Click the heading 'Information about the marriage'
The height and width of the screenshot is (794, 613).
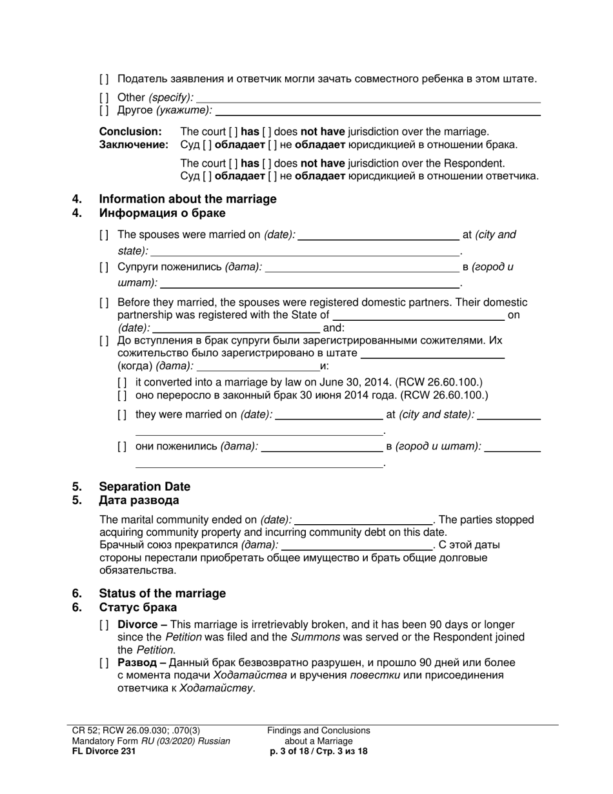tap(187, 199)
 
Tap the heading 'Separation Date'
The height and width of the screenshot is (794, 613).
tap(145, 486)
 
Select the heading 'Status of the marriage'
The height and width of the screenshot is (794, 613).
tap(162, 593)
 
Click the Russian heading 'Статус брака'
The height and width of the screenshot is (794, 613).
tap(137, 607)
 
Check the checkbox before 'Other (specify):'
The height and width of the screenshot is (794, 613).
tap(105, 97)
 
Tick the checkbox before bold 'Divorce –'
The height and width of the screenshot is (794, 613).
tap(105, 625)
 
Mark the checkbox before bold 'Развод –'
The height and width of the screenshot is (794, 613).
tap(105, 663)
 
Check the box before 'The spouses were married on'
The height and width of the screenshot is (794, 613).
tap(105, 235)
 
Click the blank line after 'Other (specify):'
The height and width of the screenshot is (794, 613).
tap(368, 98)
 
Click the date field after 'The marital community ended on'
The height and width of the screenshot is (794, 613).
tap(363, 520)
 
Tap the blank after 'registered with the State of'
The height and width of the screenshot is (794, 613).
tap(417, 316)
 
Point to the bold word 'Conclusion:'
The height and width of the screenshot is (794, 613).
tap(130, 132)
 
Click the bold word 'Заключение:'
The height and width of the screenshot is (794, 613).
tap(134, 145)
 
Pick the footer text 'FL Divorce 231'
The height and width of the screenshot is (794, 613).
tap(104, 751)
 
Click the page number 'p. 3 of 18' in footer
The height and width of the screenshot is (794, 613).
tap(294, 751)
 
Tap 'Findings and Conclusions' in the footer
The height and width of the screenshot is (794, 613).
tap(319, 730)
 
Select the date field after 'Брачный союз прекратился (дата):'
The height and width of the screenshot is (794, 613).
tap(358, 545)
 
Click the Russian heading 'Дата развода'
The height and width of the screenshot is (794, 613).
tap(139, 500)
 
